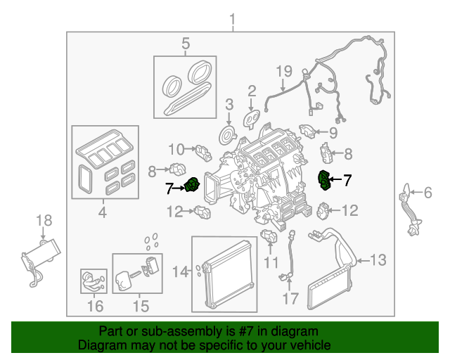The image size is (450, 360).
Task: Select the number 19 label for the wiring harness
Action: pos(283,71)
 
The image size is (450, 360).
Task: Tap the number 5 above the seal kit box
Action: pos(186,44)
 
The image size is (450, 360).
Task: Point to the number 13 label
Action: pos(378,261)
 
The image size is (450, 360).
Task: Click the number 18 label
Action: pos(44,220)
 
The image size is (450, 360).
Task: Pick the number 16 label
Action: pos(95,306)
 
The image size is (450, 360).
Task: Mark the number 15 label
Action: pos(141,306)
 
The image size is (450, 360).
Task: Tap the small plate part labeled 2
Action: pos(251,117)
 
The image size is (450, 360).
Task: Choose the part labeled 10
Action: pos(203,150)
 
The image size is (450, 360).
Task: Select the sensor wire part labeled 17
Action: pos(288,263)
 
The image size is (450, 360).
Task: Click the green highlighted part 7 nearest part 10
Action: pos(191,186)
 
